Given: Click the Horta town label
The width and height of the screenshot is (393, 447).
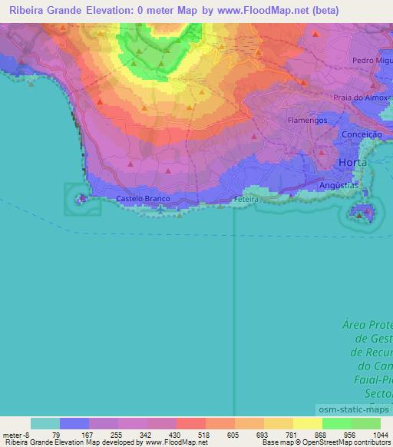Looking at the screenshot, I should pos(354,164).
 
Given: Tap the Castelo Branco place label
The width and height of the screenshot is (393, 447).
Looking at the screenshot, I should pos(142,199).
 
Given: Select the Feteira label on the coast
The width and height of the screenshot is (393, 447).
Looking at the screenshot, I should pos(247,199).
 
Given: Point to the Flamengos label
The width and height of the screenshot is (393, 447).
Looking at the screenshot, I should pos(307,121).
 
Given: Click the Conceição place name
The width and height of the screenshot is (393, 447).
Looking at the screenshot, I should pos(361,134).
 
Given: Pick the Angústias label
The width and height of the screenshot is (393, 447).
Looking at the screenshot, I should pos(339,185).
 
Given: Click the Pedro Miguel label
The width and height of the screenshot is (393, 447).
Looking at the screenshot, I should pos(372,60).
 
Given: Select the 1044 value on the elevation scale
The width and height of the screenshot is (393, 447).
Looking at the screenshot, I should pos(372,434).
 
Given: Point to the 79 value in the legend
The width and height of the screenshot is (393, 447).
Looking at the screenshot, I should pos(56,434).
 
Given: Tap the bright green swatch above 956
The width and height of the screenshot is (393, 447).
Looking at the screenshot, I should pos(336,423).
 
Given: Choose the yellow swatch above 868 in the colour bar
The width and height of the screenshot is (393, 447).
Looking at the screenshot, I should pos(307,423).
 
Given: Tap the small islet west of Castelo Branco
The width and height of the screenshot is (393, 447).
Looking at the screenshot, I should pos(80,200).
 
